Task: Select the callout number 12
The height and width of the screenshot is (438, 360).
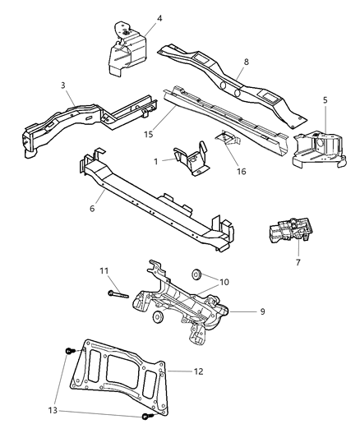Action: pyautogui.click(x=198, y=371)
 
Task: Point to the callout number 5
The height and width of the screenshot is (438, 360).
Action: pyautogui.click(x=325, y=100)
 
